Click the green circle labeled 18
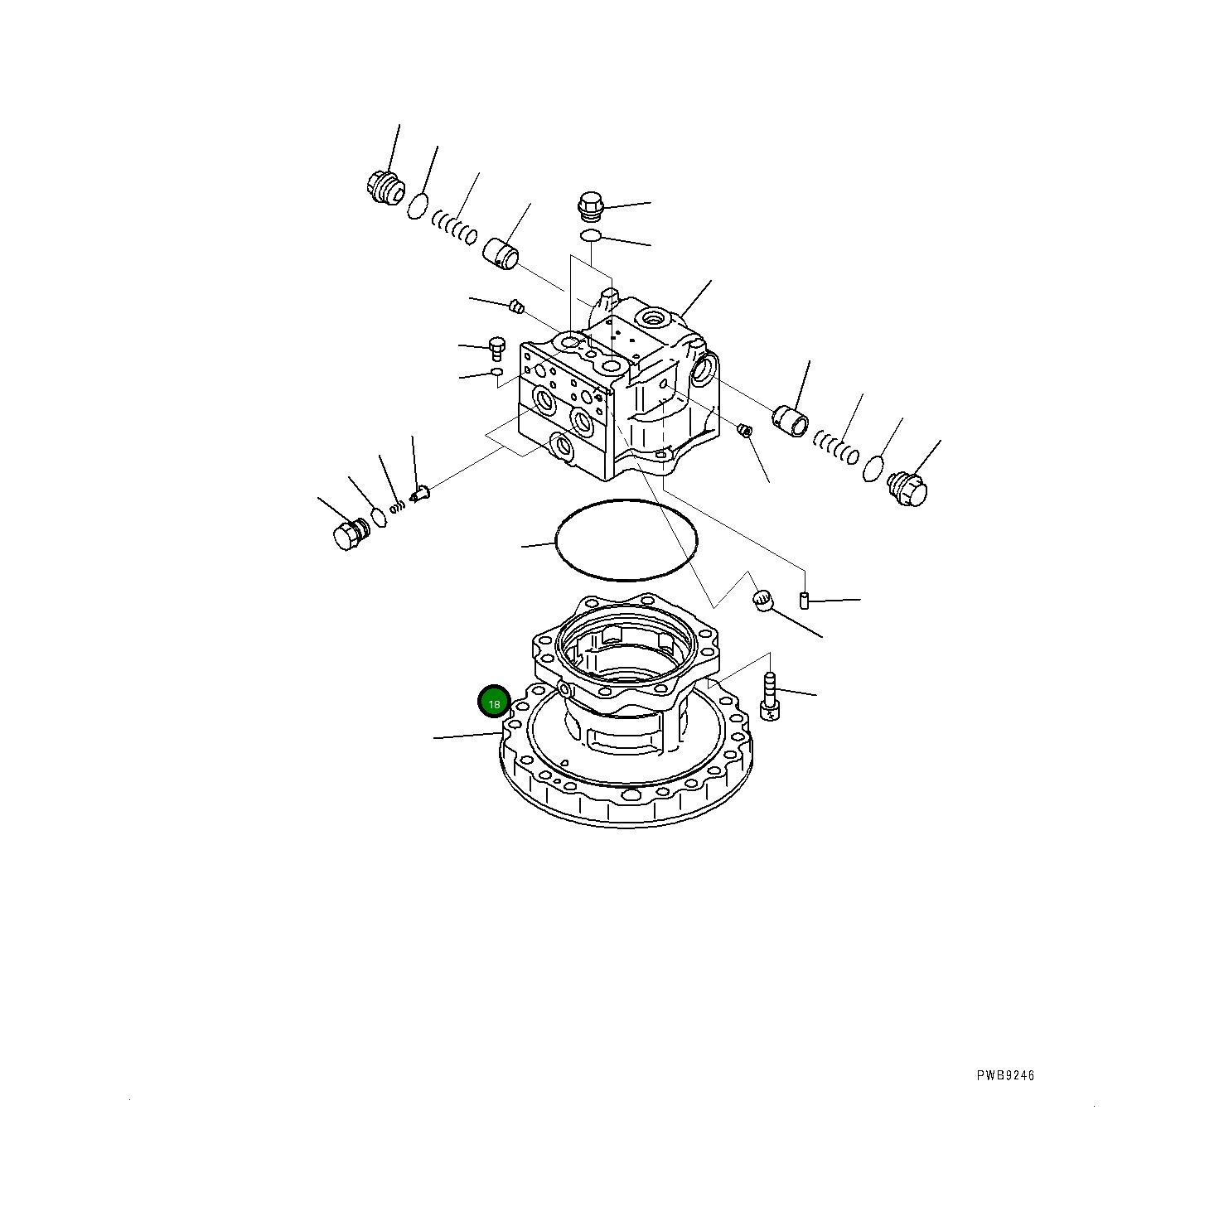[494, 702]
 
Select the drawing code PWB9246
[1004, 1075]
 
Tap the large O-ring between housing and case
[626, 539]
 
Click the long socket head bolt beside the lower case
[769, 698]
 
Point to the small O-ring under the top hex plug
[590, 237]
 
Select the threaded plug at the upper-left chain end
[383, 187]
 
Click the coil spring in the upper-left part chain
[455, 227]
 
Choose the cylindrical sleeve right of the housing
[791, 420]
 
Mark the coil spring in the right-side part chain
[835, 447]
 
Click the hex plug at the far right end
[907, 488]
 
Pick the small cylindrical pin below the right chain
[803, 600]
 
